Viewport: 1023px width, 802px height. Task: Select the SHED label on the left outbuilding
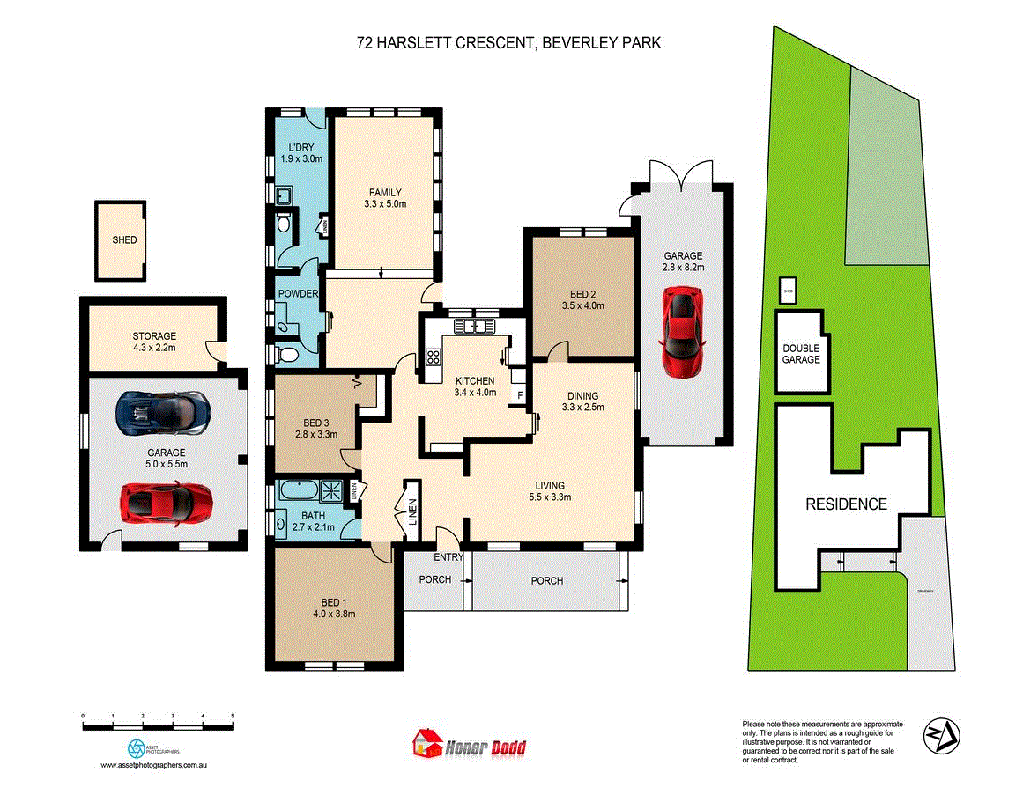(124, 239)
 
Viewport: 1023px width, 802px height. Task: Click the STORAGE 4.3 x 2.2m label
(154, 342)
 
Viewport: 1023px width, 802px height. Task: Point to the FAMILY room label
(385, 199)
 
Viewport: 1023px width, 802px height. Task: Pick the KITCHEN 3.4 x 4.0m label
(476, 386)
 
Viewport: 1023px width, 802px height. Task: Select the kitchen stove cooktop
(433, 357)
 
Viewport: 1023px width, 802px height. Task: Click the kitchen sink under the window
(474, 327)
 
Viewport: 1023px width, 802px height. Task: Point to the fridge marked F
(520, 395)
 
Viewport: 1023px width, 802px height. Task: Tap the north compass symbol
(942, 733)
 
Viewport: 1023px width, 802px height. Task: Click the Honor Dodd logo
(470, 747)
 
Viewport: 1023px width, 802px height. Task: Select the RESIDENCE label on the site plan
(846, 504)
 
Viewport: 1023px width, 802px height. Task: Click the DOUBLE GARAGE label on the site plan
(801, 354)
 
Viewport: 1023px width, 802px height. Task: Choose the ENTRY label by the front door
(448, 557)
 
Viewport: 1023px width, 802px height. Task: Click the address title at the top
(509, 41)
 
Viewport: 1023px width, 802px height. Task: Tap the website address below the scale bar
(153, 766)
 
